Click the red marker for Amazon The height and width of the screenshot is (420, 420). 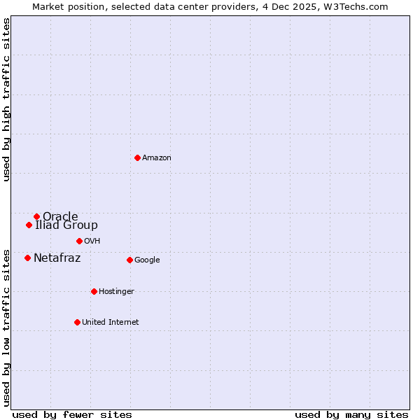coord(137,157)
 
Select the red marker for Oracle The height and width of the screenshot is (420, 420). coord(36,216)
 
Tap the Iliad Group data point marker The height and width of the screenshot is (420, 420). coord(29,225)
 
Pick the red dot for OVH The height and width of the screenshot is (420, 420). coord(79,241)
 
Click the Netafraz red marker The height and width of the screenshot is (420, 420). coord(27,258)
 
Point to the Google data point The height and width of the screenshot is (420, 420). coord(129,260)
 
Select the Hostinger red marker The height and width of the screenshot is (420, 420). coord(94,291)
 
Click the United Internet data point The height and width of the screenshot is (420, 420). coord(77,322)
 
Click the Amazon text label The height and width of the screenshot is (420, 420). coord(157,158)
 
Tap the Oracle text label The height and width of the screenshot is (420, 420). coord(60,216)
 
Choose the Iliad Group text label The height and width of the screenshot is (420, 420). coord(66,225)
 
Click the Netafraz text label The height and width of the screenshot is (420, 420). coord(57,258)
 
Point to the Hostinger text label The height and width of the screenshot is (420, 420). coord(116,292)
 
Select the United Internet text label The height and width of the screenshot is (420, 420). coord(110,323)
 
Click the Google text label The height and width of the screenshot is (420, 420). coord(147,260)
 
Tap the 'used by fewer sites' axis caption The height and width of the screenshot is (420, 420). coord(72,415)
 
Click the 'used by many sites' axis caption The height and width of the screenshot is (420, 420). coord(351,415)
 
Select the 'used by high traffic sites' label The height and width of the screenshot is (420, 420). coord(6,99)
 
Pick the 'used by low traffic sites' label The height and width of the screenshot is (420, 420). coord(6,327)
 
